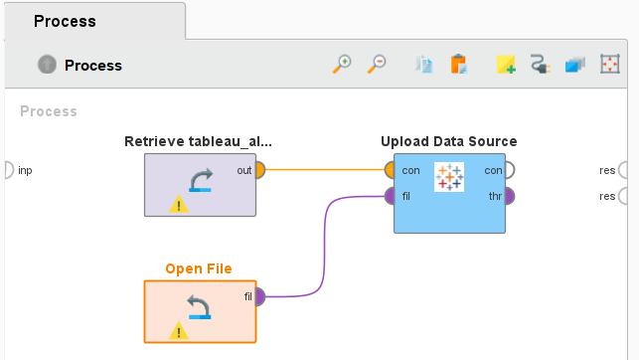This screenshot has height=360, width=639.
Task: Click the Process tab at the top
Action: pyautogui.click(x=65, y=21)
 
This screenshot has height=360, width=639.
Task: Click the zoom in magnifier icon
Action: pyautogui.click(x=342, y=65)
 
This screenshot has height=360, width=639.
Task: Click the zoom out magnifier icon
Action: pyautogui.click(x=377, y=65)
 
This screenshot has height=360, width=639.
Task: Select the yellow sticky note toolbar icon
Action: pyautogui.click(x=506, y=65)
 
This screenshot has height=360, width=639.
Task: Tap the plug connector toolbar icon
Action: pyautogui.click(x=541, y=65)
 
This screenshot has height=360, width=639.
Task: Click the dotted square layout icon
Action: pyautogui.click(x=610, y=65)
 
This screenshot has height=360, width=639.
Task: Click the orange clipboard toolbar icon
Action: pyautogui.click(x=458, y=65)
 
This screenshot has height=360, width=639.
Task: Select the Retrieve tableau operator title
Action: pyautogui.click(x=199, y=141)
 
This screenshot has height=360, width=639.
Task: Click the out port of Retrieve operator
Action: pyautogui.click(x=259, y=170)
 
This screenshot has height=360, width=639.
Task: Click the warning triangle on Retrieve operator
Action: pyautogui.click(x=178, y=205)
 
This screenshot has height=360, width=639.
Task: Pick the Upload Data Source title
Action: pyautogui.click(x=448, y=141)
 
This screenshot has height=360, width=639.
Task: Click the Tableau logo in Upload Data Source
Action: pyautogui.click(x=449, y=177)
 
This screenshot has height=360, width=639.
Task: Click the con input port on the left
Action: pyautogui.click(x=389, y=170)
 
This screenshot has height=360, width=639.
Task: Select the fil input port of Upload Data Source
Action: pyautogui.click(x=389, y=196)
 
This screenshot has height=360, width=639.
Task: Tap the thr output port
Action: pyautogui.click(x=509, y=196)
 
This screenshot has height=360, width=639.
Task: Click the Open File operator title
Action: pyautogui.click(x=199, y=269)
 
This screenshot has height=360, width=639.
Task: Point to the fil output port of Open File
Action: pyautogui.click(x=259, y=296)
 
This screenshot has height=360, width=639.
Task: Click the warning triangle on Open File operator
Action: pyautogui.click(x=178, y=331)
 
